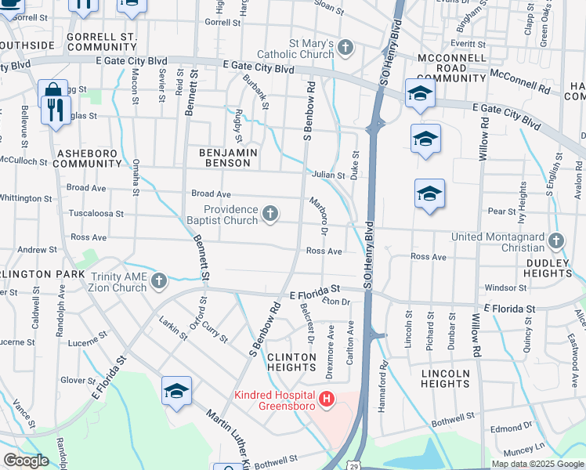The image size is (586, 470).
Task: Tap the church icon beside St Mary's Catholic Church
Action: [345, 49]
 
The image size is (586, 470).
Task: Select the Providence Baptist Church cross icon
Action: [270, 214]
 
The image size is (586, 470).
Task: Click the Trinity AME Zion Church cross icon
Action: [159, 281]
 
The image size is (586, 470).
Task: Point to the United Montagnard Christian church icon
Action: [557, 240]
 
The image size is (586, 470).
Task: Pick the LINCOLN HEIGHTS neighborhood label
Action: [445, 378]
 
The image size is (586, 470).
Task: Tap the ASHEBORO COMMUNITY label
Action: [89, 158]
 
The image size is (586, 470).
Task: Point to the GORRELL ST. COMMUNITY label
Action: [102, 42]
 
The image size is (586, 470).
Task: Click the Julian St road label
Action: [327, 175]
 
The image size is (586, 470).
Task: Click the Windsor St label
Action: [501, 288]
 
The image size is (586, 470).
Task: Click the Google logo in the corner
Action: [26, 461]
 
